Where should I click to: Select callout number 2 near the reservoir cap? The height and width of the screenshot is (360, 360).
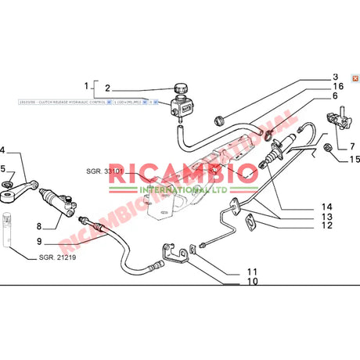(108, 88)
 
